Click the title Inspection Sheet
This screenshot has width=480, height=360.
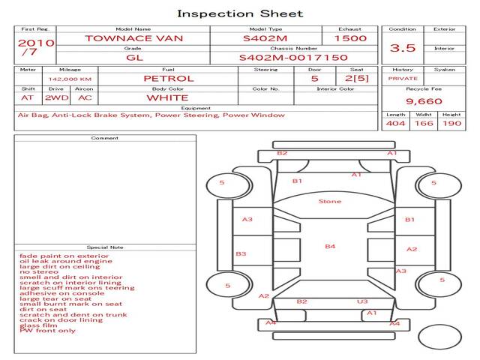[240, 13]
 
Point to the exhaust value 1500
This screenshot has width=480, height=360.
[350, 37]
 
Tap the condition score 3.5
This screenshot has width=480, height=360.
[403, 48]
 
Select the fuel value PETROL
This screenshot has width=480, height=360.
[168, 78]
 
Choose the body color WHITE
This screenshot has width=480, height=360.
[167, 97]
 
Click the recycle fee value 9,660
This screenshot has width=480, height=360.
[424, 101]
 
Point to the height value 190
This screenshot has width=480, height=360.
[451, 123]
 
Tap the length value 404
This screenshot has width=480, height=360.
[395, 123]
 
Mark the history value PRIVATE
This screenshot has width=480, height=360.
[403, 78]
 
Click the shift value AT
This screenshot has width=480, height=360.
[27, 97]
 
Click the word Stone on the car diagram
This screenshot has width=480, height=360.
[329, 201]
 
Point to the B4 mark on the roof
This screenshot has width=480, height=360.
[330, 246]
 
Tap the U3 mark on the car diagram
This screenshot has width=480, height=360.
[362, 301]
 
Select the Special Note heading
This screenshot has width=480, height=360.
[104, 247]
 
